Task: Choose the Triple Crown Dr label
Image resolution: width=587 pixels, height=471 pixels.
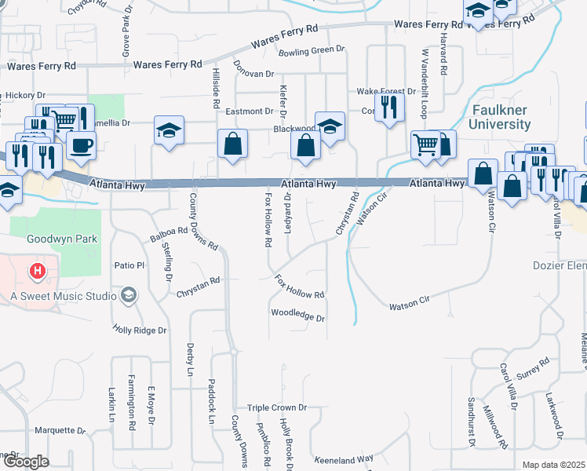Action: [276, 408]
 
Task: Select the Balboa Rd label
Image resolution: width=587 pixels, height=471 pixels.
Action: [169, 236]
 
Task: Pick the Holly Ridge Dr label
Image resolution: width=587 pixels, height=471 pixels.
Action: [140, 330]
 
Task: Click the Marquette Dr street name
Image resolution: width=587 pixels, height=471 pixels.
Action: [60, 431]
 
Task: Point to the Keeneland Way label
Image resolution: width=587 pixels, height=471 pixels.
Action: [344, 459]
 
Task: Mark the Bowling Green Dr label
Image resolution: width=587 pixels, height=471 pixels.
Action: [312, 49]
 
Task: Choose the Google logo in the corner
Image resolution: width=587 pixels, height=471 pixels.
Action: [26, 462]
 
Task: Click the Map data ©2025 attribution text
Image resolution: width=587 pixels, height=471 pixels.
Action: [553, 465]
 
